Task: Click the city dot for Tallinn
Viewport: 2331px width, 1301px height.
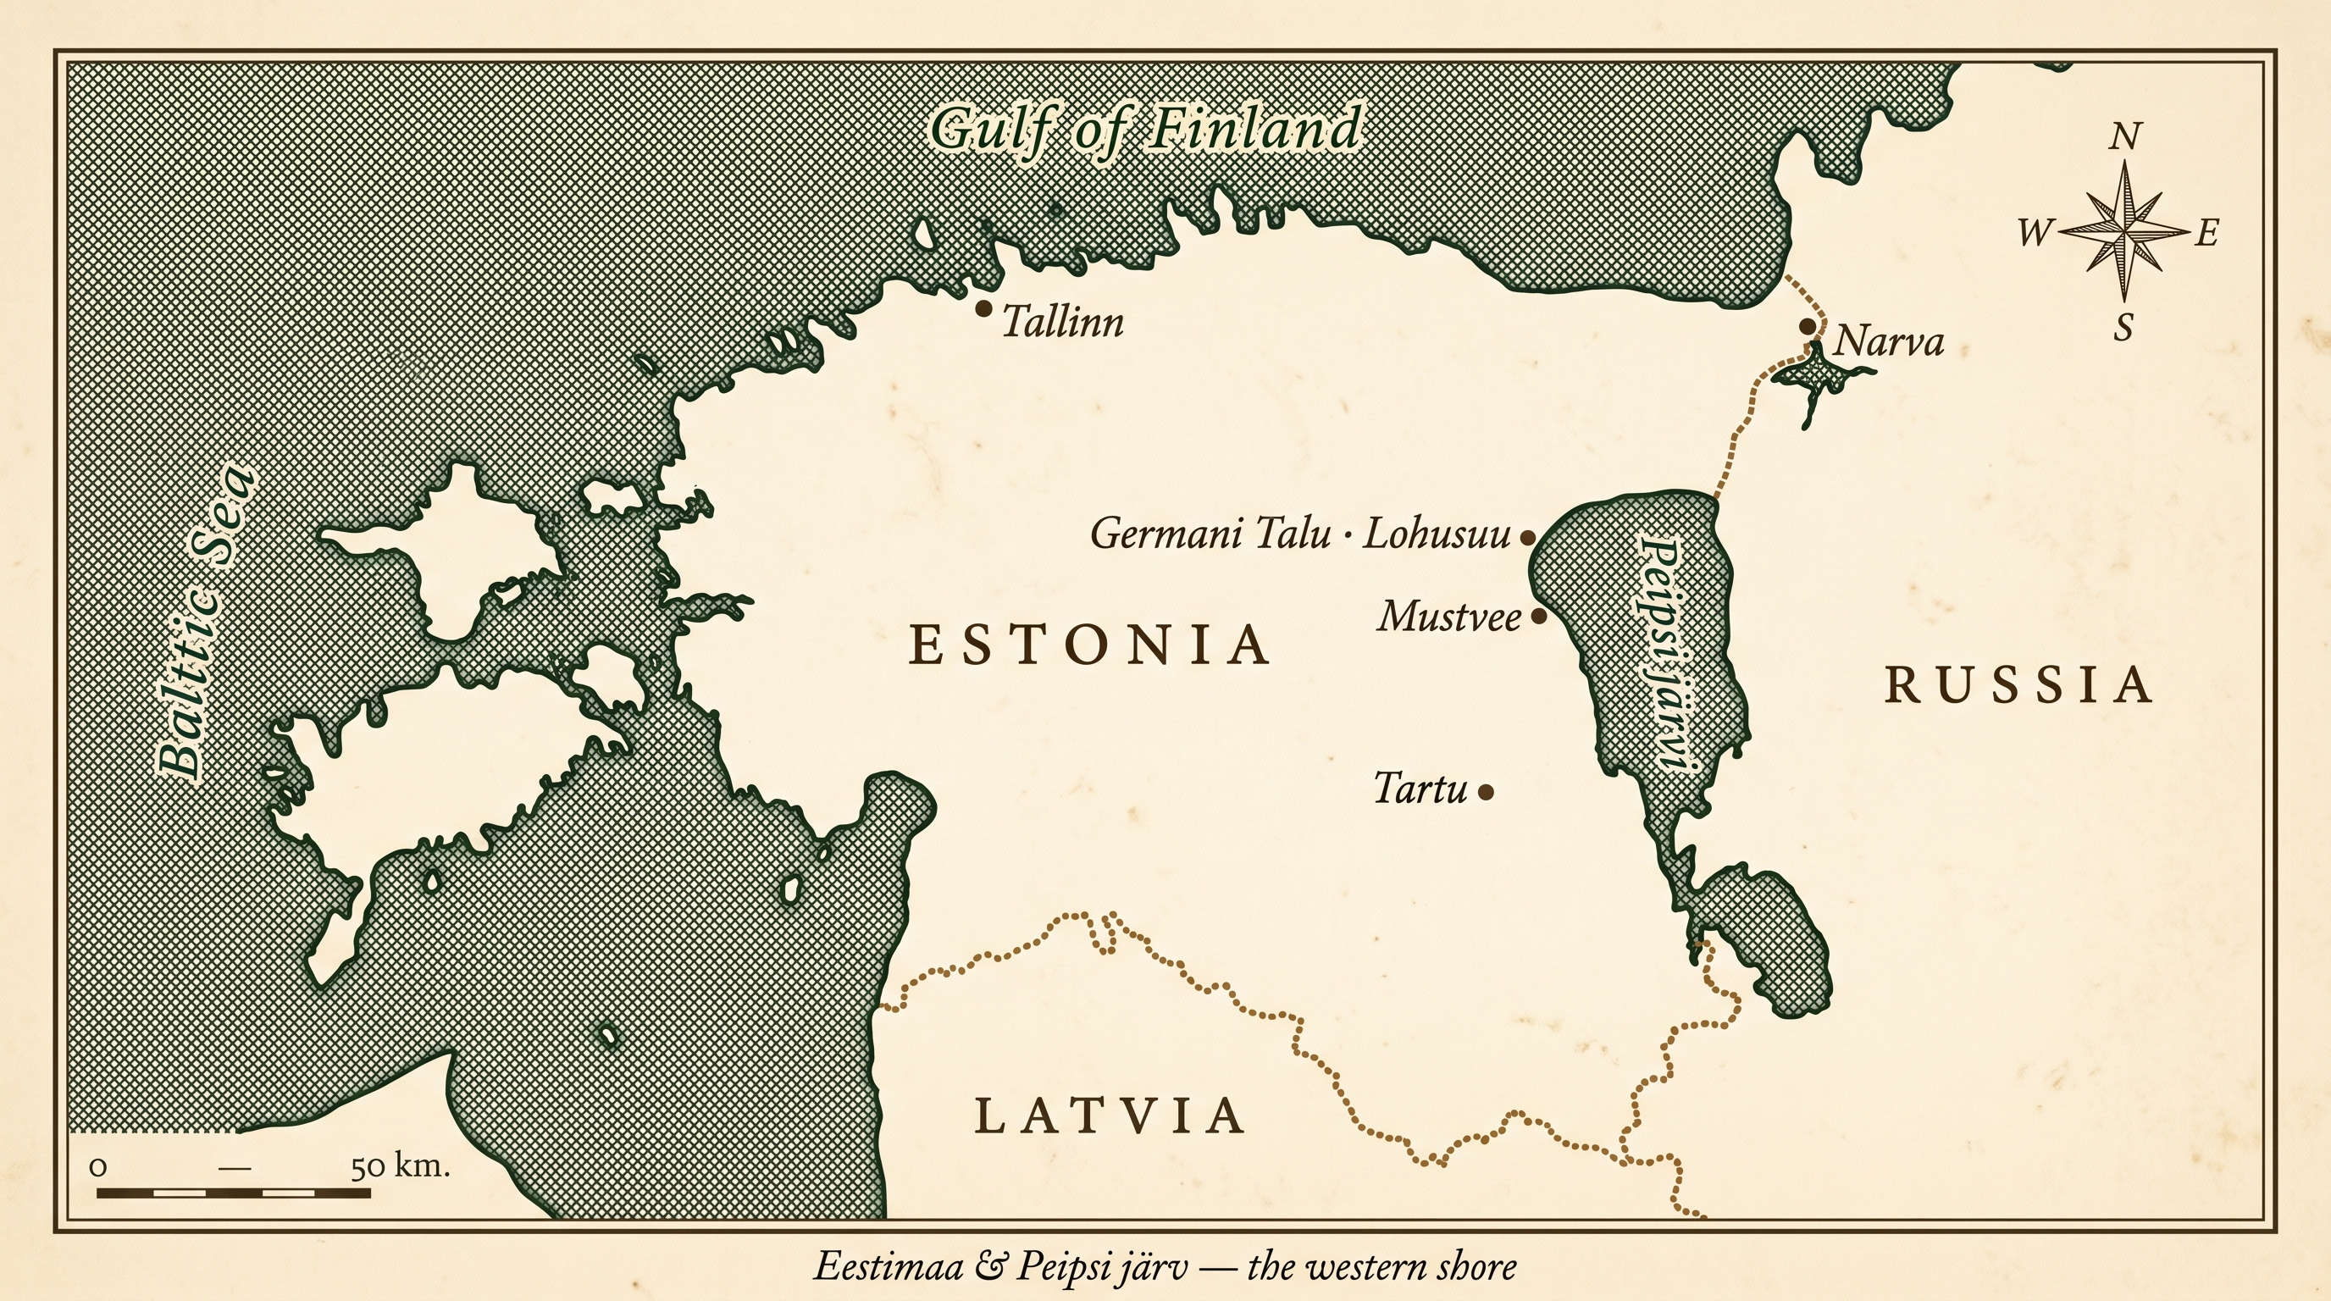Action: tap(983, 308)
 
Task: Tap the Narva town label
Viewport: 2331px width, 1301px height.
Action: tap(1888, 343)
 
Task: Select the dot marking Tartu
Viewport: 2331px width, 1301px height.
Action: tap(1485, 792)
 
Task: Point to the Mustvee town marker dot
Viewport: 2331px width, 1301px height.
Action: tap(1538, 617)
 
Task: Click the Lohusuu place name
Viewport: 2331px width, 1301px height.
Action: tap(1436, 534)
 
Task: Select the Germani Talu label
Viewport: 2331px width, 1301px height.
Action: tap(1210, 534)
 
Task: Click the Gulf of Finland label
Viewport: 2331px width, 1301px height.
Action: tap(1145, 130)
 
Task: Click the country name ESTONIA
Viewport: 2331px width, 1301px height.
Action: tap(1089, 645)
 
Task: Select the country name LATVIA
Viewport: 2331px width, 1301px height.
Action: tap(1110, 1116)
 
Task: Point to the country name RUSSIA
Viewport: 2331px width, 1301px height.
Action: tap(2019, 685)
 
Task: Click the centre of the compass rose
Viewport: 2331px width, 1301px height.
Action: tap(2123, 231)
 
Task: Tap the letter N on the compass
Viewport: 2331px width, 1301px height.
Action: tap(2124, 137)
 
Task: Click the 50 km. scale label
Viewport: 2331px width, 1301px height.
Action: tap(400, 1166)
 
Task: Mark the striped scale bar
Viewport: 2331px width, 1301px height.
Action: tap(234, 1193)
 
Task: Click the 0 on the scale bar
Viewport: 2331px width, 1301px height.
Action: tap(97, 1167)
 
